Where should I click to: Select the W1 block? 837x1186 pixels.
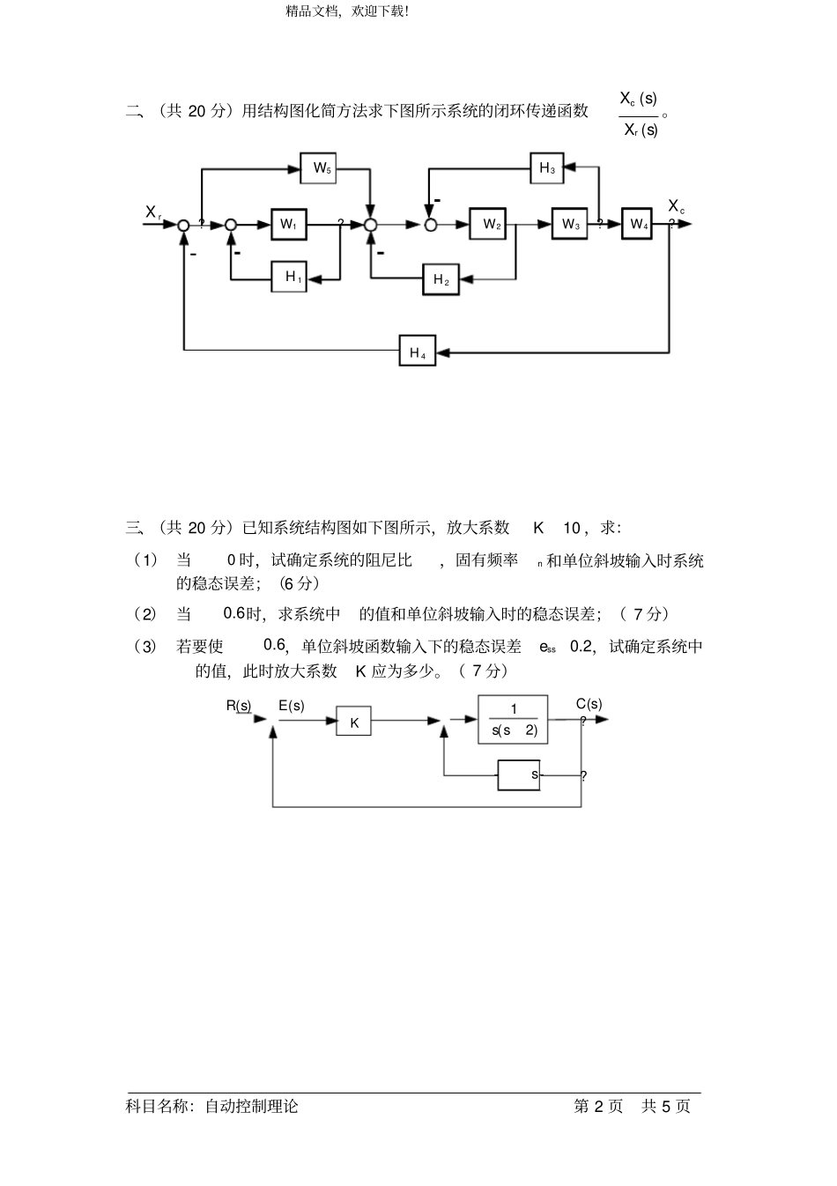(x=288, y=224)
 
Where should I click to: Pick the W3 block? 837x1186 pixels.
(x=571, y=224)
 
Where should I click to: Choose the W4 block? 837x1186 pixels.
(x=637, y=224)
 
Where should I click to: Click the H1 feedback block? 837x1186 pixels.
(x=289, y=277)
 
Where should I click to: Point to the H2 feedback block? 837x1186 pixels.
(x=441, y=280)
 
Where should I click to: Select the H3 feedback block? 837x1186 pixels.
(x=547, y=167)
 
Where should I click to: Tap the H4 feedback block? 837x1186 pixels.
(x=417, y=352)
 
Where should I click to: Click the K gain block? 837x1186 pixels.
(x=354, y=722)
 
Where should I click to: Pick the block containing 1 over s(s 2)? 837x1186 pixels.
(x=513, y=720)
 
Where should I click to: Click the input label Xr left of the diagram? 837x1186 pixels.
(x=153, y=212)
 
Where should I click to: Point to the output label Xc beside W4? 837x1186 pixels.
(x=676, y=206)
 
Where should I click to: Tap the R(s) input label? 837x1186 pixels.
(x=238, y=705)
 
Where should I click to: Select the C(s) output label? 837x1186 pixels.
(x=589, y=703)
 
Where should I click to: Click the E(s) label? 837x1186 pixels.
(x=291, y=705)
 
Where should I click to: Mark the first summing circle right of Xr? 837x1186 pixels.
(x=183, y=225)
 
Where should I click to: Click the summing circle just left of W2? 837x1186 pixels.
(x=431, y=225)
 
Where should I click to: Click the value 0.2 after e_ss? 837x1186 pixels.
(x=581, y=646)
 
